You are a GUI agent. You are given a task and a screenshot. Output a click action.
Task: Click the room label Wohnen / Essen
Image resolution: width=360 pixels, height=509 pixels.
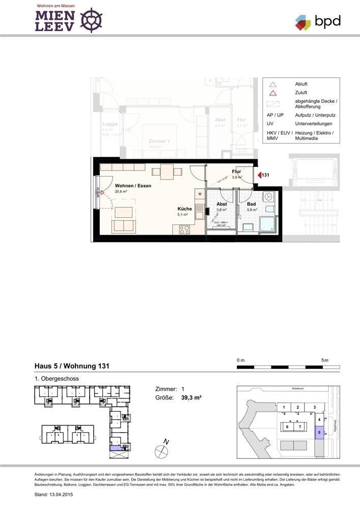133,186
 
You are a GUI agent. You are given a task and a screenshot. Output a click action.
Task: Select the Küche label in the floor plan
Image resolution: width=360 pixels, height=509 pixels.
184,209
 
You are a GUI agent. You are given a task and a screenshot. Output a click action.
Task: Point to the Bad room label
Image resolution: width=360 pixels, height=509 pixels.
251,204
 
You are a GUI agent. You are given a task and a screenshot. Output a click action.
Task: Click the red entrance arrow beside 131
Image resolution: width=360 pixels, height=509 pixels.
259,175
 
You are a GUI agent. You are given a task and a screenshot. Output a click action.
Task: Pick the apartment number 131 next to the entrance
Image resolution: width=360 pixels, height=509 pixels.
266,175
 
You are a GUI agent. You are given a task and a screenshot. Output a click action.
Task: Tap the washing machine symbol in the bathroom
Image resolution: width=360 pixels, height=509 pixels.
268,196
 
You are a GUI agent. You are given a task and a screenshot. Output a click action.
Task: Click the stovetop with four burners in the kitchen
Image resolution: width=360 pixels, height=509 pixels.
184,230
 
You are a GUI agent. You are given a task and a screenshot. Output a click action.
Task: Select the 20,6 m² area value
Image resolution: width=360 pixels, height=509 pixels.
121,192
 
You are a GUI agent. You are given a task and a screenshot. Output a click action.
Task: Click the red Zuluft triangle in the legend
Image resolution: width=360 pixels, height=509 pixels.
273,93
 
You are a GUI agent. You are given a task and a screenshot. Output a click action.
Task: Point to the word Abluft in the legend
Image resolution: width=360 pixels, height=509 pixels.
301,84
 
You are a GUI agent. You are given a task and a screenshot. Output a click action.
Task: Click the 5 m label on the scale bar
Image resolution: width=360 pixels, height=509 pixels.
325,360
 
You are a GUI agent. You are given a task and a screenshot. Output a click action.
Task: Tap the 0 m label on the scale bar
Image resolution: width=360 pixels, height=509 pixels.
241,360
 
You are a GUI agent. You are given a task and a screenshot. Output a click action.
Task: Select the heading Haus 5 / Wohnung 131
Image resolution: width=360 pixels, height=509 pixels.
71,366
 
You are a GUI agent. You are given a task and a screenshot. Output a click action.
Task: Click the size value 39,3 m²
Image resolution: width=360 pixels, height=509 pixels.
188,398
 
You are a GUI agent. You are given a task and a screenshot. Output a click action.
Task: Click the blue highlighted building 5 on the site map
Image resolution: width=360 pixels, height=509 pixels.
319,434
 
